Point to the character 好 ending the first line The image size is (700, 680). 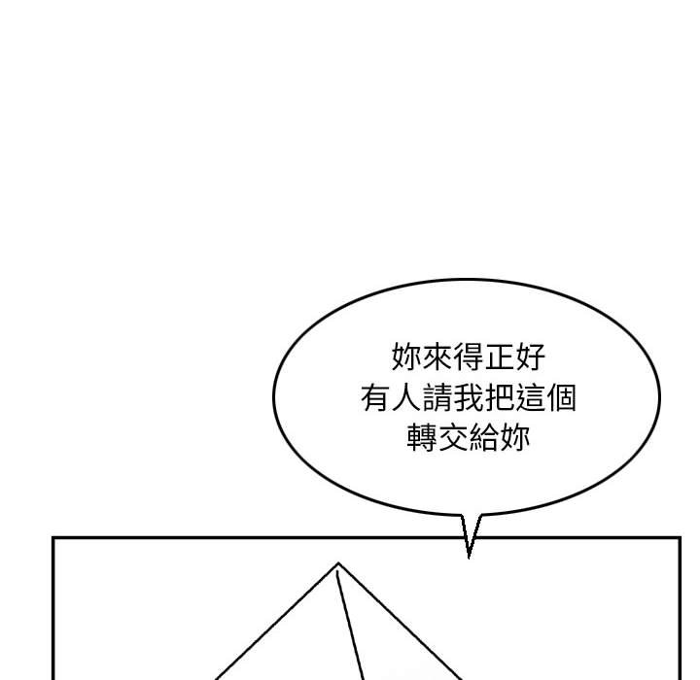531,357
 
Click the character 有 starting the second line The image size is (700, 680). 376,397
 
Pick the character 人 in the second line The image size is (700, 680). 406,397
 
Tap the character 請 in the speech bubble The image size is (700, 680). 437,397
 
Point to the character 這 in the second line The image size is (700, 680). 531,397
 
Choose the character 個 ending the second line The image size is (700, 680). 561,397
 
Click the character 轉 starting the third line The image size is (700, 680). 422,438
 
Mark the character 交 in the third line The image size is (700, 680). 453,438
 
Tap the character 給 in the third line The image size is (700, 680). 484,438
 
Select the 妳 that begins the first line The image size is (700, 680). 406,357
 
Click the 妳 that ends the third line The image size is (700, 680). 514,438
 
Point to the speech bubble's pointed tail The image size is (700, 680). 469,558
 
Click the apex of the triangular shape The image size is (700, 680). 338,563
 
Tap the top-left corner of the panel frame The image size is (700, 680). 53,538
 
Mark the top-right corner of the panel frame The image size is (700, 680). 680,538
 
